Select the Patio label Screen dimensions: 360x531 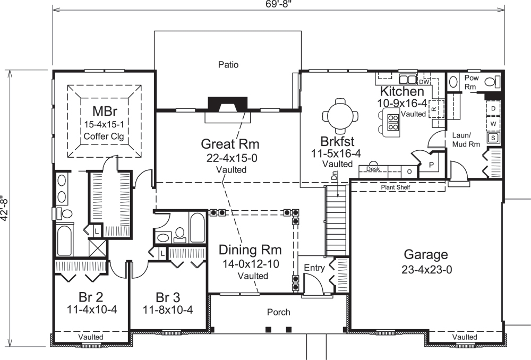228,65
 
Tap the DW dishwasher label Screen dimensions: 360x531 423,82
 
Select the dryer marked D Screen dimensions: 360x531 493,108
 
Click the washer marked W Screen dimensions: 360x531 493,123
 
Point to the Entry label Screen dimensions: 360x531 314,268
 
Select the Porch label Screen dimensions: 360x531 278,312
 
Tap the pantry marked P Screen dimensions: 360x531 431,165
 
